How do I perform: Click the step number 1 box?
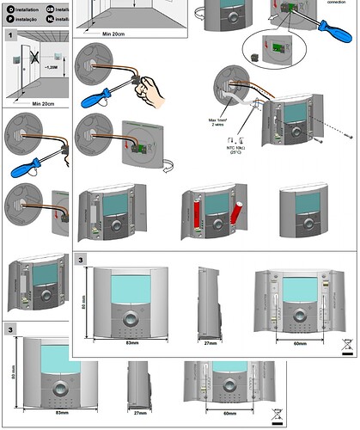coord(10,35)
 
